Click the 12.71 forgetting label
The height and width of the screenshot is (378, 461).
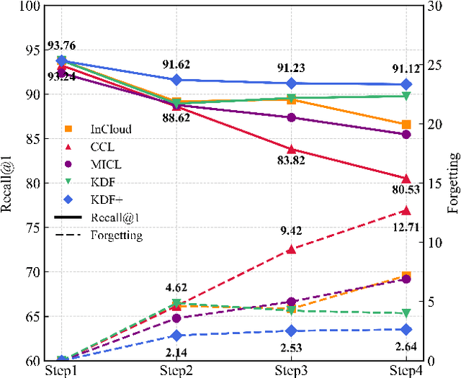pos(406,229)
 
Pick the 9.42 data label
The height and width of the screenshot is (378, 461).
pos(291,231)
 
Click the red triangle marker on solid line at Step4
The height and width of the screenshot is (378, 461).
pos(406,179)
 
